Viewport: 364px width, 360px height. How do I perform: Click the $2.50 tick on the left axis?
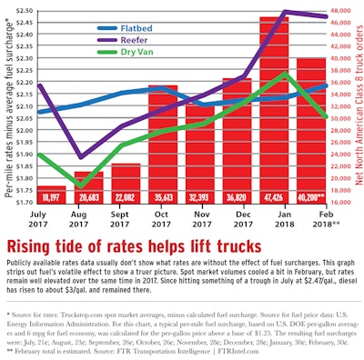coord(21,11)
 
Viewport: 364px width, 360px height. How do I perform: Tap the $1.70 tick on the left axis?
coord(21,204)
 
